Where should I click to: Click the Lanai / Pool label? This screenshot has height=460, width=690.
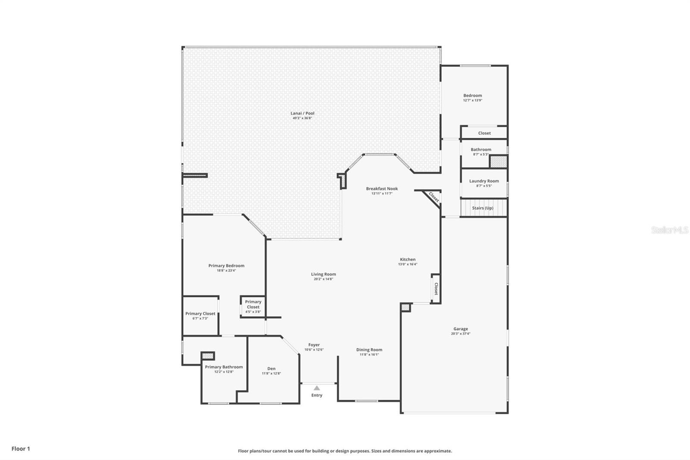point(302,113)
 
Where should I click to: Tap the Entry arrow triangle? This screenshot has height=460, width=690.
point(317,388)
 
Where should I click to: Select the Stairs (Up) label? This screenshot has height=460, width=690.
point(483,208)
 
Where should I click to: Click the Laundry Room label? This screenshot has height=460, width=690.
point(484,181)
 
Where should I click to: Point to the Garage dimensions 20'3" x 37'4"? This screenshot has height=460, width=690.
point(461,334)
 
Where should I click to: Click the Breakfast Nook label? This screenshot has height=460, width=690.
point(382,189)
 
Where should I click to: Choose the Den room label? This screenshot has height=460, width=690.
point(271,369)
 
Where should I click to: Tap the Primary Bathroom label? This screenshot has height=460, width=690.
point(223,367)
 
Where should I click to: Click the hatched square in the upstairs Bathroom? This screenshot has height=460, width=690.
point(498,161)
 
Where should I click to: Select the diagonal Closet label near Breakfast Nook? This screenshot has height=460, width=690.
point(433,198)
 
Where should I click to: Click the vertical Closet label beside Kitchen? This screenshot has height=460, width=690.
point(436,289)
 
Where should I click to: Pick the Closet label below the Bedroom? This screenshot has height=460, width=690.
point(484,133)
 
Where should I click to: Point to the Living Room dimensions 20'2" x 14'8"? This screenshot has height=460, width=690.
point(323,279)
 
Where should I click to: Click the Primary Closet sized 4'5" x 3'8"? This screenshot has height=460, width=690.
point(253,304)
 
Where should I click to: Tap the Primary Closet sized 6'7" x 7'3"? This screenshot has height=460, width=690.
point(200,314)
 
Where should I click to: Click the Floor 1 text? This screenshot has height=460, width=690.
point(21,449)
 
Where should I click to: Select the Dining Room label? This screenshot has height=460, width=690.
point(369,350)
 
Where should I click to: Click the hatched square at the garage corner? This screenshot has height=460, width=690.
point(405,307)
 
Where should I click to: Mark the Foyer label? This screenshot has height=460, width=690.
point(314,345)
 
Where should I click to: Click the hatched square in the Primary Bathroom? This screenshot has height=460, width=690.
point(208,356)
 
